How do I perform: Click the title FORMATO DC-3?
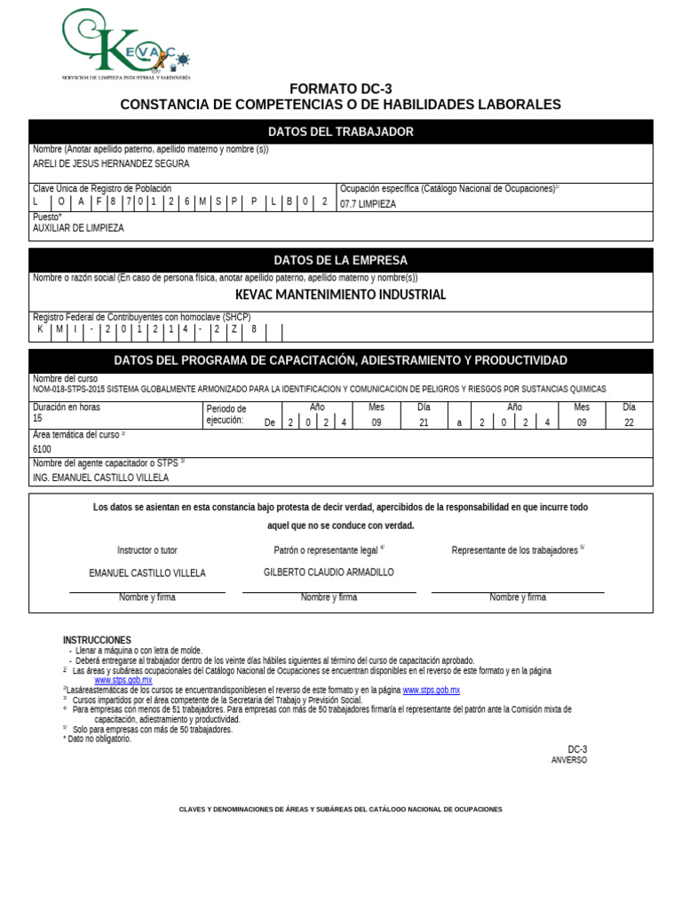click(x=340, y=89)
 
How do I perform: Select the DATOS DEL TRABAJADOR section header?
click(x=340, y=132)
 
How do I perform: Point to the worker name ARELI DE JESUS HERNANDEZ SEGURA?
click(x=111, y=164)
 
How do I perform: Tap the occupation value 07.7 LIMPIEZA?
click(x=368, y=204)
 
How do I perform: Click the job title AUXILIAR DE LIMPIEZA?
click(x=78, y=228)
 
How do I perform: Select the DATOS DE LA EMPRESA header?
click(x=340, y=261)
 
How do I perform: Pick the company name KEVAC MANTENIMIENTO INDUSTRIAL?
click(x=340, y=295)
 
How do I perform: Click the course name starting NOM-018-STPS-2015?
click(x=319, y=390)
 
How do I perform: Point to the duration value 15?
click(x=37, y=418)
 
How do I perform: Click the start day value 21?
click(x=424, y=423)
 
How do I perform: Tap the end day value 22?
click(x=629, y=423)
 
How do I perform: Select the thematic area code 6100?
click(x=42, y=449)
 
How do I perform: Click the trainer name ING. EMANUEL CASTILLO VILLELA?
click(x=100, y=478)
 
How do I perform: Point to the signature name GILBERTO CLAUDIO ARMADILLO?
click(x=329, y=573)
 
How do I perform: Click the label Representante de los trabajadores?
click(x=515, y=550)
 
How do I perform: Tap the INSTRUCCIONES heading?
click(x=97, y=640)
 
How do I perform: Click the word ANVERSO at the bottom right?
click(x=568, y=760)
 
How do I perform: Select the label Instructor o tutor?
click(x=147, y=550)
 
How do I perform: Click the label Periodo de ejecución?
click(x=226, y=415)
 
